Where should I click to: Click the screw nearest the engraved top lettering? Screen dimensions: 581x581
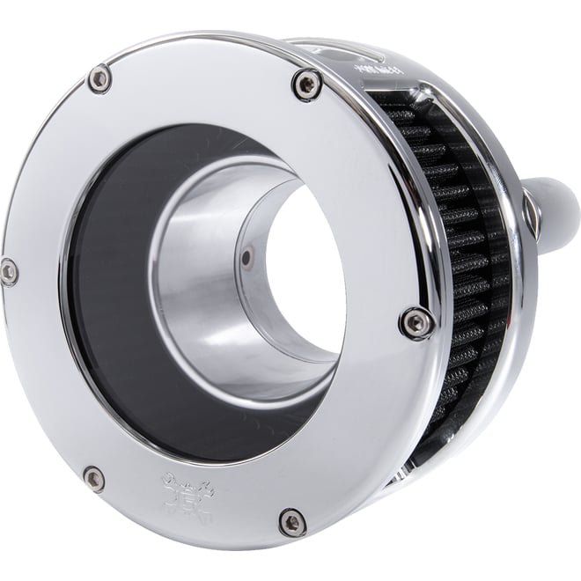coord(306,85)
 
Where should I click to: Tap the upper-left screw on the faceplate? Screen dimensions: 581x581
coord(99,79)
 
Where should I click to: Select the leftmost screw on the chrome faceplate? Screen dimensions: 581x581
coord(9,271)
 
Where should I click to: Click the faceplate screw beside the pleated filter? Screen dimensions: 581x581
coord(416,322)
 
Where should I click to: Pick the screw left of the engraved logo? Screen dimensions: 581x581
coord(93,480)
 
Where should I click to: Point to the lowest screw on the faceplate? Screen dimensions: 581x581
coord(293,522)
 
